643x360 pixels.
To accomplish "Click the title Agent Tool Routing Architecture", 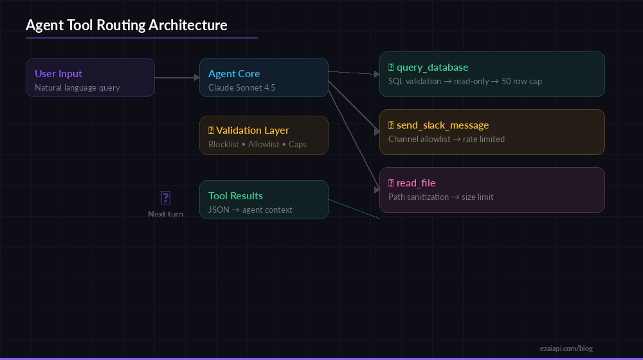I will pos(126,25).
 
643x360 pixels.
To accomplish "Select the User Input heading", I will pos(59,73).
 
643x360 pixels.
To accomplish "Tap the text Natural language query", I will pos(77,87).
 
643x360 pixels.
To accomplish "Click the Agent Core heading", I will pos(234,73).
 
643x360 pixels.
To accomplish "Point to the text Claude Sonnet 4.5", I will pos(242,87).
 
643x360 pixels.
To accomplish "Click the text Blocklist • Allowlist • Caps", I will pos(257,144).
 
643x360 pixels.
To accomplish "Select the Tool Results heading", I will pos(235,195).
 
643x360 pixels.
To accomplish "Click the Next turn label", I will pos(165,214).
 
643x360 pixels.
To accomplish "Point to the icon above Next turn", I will pos(165,197).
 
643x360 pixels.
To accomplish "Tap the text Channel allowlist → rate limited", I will pos(446,139).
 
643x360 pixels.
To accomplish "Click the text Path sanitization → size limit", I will pos(440,197).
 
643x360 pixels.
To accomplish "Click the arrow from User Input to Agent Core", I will pos(177,78).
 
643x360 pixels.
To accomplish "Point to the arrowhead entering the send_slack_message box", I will pos(377,132).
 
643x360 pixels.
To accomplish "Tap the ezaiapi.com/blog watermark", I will pos(566,348).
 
